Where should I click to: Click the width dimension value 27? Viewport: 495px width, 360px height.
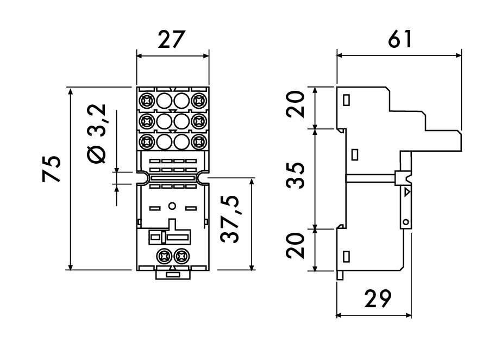(x=172, y=40)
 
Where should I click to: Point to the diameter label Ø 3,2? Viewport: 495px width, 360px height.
(x=98, y=135)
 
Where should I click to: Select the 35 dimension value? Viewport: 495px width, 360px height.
(x=295, y=178)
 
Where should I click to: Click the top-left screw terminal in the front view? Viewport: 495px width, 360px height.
(x=147, y=100)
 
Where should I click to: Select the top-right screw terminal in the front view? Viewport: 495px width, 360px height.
(x=199, y=100)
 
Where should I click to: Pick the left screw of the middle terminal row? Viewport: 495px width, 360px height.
(x=147, y=120)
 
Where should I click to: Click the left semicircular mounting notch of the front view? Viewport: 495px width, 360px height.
(x=141, y=177)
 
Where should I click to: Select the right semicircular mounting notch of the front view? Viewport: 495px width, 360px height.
(x=203, y=177)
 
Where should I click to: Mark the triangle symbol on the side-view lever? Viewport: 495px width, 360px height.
(x=407, y=192)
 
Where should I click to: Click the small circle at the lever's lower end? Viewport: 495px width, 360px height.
(x=405, y=221)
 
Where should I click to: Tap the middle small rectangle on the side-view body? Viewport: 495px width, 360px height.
(x=355, y=154)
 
